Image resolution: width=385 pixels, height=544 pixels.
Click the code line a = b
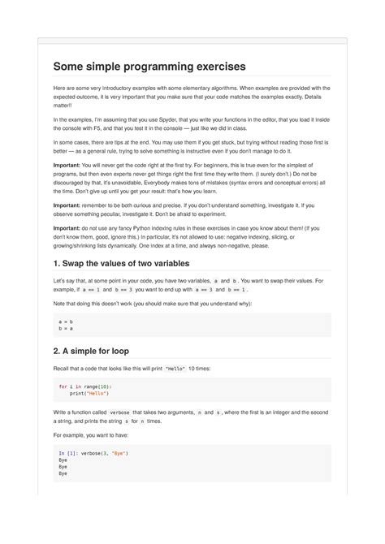pyautogui.click(x=66, y=322)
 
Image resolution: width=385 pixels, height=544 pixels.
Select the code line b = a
pyautogui.click(x=66, y=330)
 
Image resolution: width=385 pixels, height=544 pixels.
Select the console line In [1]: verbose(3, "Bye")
pyautogui.click(x=93, y=451)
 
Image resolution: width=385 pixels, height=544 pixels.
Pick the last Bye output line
pyautogui.click(x=63, y=474)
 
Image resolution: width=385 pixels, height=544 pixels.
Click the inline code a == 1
pyautogui.click(x=92, y=289)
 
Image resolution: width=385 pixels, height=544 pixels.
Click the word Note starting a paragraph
pyautogui.click(x=61, y=304)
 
